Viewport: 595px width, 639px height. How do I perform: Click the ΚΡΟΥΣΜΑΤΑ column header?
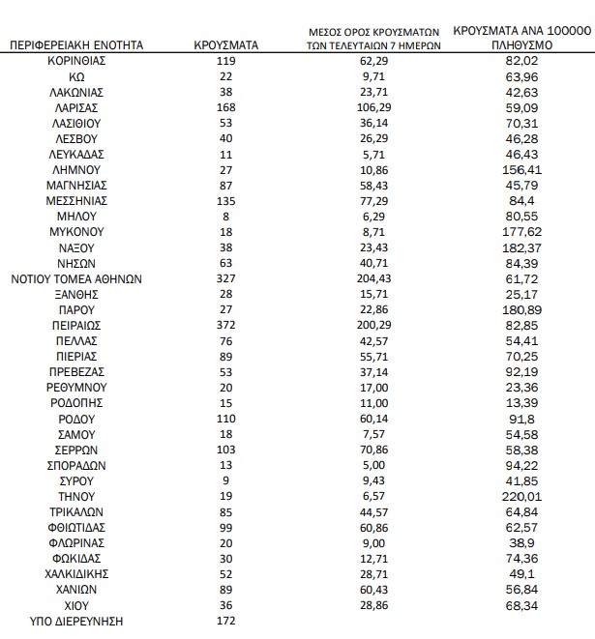(224, 45)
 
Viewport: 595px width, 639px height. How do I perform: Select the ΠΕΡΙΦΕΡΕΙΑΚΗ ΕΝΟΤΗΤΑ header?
(76, 45)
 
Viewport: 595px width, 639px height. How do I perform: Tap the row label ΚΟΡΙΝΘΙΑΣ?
(76, 60)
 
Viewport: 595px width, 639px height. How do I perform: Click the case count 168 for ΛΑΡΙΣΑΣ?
(224, 107)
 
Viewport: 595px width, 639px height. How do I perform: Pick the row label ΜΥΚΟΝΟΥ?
(76, 232)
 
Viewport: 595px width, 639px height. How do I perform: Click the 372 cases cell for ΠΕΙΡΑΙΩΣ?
(224, 326)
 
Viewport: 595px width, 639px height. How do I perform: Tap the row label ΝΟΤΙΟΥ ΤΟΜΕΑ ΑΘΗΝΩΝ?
(76, 278)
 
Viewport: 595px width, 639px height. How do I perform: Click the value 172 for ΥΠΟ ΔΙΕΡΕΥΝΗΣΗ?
(224, 621)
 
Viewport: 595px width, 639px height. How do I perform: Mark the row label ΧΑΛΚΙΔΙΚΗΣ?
(76, 574)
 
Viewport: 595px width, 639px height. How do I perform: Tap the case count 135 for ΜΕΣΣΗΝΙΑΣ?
(224, 201)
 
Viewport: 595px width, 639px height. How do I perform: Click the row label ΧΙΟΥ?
(76, 605)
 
